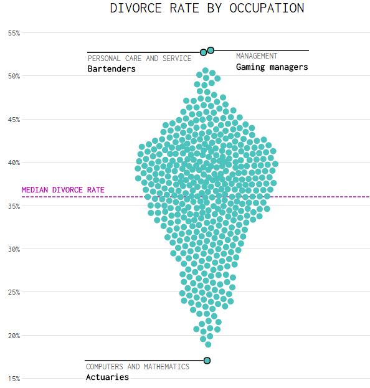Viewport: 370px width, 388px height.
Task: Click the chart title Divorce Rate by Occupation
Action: pyautogui.click(x=207, y=8)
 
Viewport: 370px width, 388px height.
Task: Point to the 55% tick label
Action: pyautogui.click(x=14, y=33)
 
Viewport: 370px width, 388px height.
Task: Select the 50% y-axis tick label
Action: pyautogui.click(x=14, y=76)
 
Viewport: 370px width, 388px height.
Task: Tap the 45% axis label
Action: pyautogui.click(x=14, y=120)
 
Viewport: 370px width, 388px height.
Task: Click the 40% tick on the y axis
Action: pyautogui.click(x=14, y=163)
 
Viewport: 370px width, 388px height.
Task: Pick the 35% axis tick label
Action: pyautogui.click(x=14, y=206)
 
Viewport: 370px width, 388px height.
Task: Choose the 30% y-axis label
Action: pyautogui.click(x=14, y=249)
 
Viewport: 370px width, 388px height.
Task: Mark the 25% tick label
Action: pyautogui.click(x=14, y=292)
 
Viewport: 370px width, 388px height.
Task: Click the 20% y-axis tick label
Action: pyautogui.click(x=14, y=336)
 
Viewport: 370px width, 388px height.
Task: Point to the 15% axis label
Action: pyautogui.click(x=14, y=379)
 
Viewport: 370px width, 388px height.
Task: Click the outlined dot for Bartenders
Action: pyautogui.click(x=204, y=52)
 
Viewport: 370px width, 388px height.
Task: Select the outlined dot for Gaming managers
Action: pyautogui.click(x=211, y=50)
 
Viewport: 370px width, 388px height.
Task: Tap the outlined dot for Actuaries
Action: pyautogui.click(x=207, y=361)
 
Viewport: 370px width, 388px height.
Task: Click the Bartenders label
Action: pyautogui.click(x=111, y=69)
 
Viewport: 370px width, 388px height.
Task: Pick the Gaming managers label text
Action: pyautogui.click(x=272, y=67)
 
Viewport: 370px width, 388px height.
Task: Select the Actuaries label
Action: pyautogui.click(x=107, y=377)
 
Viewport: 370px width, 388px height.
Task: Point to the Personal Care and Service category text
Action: pyautogui.click(x=140, y=59)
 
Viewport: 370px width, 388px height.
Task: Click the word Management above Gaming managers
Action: pyautogui.click(x=257, y=56)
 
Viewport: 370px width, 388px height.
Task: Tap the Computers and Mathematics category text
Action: pyautogui.click(x=138, y=367)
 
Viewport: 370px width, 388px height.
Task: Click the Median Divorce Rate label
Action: pyautogui.click(x=63, y=190)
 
